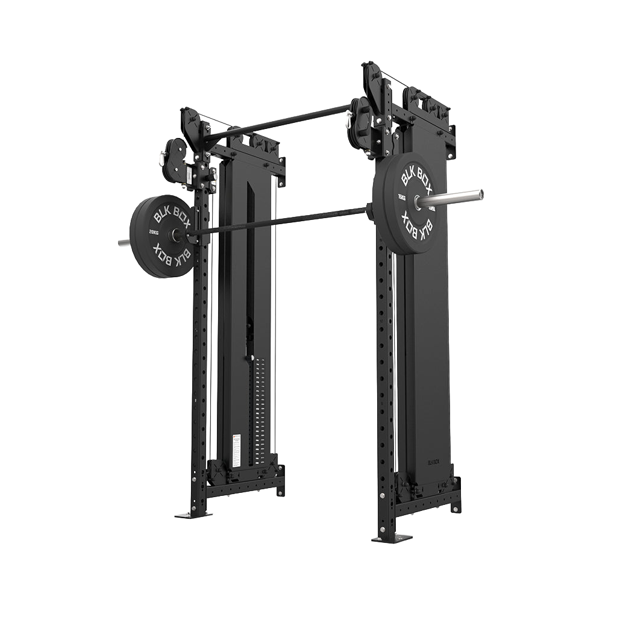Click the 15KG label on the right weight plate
401,198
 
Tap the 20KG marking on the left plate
154,231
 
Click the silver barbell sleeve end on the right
458,196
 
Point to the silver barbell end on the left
123,243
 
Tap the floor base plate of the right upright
392,538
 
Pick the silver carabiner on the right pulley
349,123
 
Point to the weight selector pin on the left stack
248,359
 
